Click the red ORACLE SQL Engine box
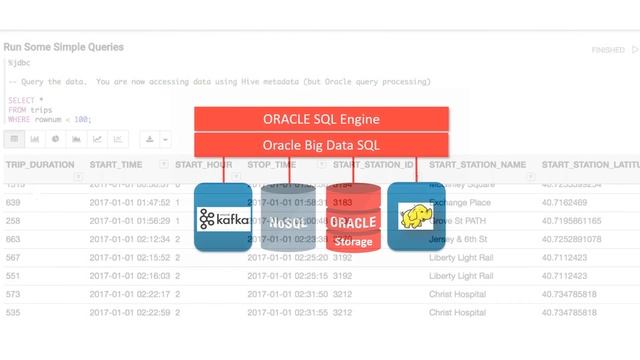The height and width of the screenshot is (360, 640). point(320,119)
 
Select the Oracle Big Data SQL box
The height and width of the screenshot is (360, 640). point(320,144)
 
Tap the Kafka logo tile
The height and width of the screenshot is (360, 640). point(222,218)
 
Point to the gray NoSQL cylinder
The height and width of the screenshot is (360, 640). point(289,217)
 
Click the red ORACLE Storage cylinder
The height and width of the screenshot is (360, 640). point(353,217)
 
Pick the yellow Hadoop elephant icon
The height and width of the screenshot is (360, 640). point(415,217)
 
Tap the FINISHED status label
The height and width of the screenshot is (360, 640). point(607,49)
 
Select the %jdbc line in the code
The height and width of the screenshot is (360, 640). point(19,62)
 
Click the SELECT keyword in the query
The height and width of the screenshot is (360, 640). point(20,101)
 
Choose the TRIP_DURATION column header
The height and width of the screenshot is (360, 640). point(40,164)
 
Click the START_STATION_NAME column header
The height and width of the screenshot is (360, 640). point(477,164)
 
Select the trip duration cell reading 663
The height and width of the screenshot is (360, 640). point(14,239)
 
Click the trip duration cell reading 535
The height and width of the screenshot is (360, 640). point(14,313)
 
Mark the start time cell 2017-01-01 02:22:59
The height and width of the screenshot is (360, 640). point(130,313)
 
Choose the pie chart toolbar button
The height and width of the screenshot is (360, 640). point(56,140)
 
